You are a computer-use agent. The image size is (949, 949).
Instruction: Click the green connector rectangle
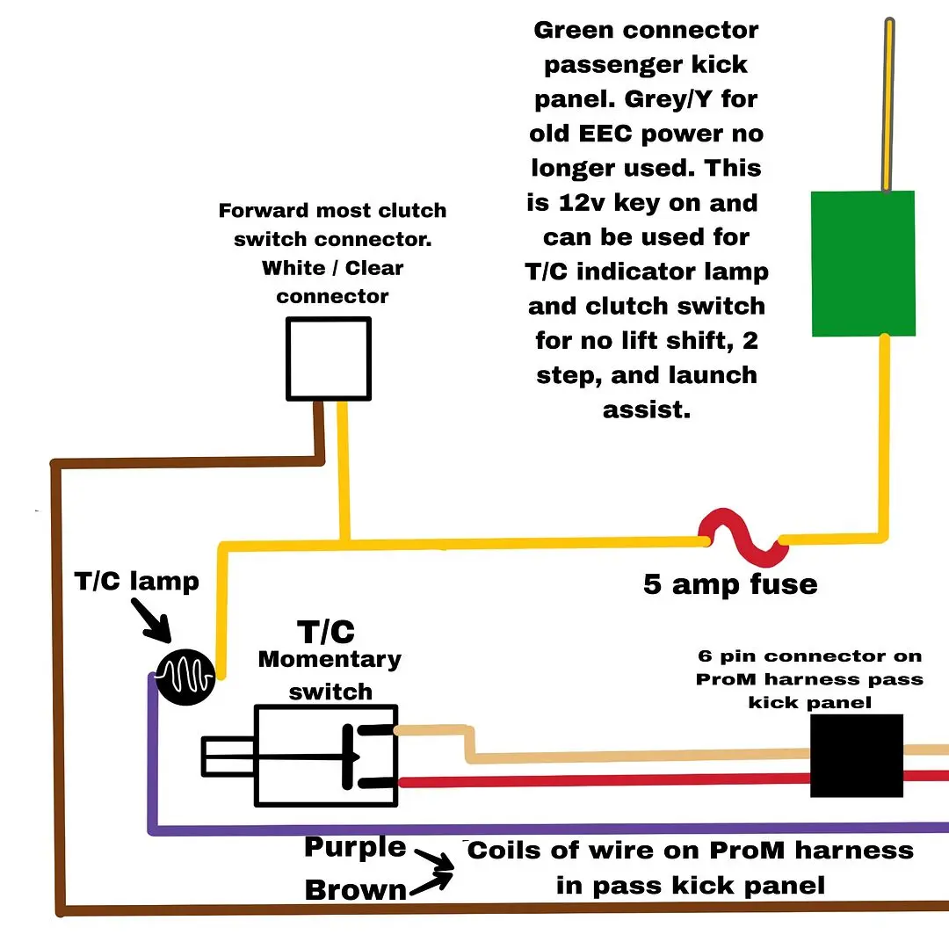click(863, 264)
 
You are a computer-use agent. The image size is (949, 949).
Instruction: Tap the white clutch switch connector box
click(329, 359)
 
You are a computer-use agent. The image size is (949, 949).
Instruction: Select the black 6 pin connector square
click(857, 756)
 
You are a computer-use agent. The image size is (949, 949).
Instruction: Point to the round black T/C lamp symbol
click(185, 677)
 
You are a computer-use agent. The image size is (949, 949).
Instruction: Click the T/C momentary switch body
click(326, 756)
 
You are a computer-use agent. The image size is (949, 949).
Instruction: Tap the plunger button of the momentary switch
click(228, 757)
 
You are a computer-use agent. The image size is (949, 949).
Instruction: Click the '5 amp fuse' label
click(730, 584)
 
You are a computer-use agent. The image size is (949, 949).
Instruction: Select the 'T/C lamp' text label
click(137, 582)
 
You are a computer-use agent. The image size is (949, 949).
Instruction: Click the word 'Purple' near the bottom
click(355, 848)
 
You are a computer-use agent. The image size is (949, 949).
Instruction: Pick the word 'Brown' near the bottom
click(356, 889)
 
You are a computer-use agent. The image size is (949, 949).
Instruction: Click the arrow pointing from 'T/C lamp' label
click(151, 620)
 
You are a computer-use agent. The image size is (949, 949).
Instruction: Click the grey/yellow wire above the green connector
click(888, 104)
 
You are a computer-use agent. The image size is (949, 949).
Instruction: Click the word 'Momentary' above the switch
click(330, 660)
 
